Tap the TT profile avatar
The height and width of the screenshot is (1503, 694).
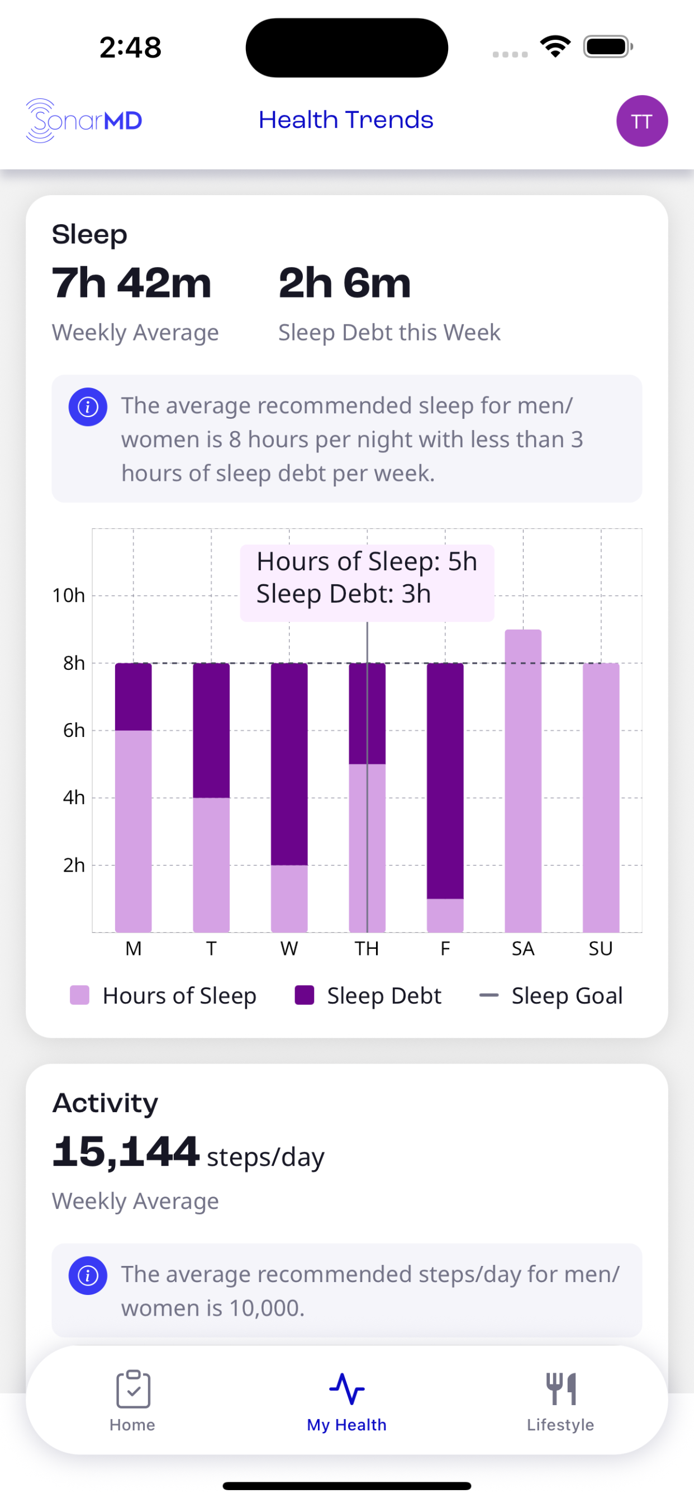pyautogui.click(x=641, y=121)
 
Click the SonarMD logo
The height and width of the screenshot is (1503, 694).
pyautogui.click(x=84, y=121)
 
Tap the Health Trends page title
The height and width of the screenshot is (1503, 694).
pyautogui.click(x=346, y=120)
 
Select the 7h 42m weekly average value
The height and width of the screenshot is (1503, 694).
pyautogui.click(x=131, y=283)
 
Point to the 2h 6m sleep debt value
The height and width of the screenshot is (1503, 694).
pyautogui.click(x=345, y=283)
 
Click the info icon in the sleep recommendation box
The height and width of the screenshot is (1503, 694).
pyautogui.click(x=88, y=407)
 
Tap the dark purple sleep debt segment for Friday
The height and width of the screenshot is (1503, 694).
pyautogui.click(x=445, y=781)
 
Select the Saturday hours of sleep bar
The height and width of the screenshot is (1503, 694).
pyautogui.click(x=523, y=781)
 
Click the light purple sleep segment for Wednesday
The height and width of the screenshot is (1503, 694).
pyautogui.click(x=289, y=899)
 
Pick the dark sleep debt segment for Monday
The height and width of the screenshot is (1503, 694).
pyautogui.click(x=134, y=697)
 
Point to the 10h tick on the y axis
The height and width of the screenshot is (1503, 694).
pyautogui.click(x=69, y=595)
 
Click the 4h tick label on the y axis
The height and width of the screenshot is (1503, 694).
pyautogui.click(x=74, y=797)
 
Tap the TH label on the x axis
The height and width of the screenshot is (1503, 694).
pyautogui.click(x=367, y=949)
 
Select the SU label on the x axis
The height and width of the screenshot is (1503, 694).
pyautogui.click(x=601, y=949)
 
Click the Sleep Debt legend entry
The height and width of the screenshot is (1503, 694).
pyautogui.click(x=368, y=995)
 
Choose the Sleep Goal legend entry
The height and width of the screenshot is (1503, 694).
pyautogui.click(x=550, y=995)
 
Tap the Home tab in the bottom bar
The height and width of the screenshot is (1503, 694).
pyautogui.click(x=132, y=1401)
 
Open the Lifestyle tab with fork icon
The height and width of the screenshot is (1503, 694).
pyautogui.click(x=560, y=1401)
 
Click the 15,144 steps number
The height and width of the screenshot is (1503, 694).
pyautogui.click(x=126, y=1152)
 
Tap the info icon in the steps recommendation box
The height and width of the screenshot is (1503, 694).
pyautogui.click(x=88, y=1275)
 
